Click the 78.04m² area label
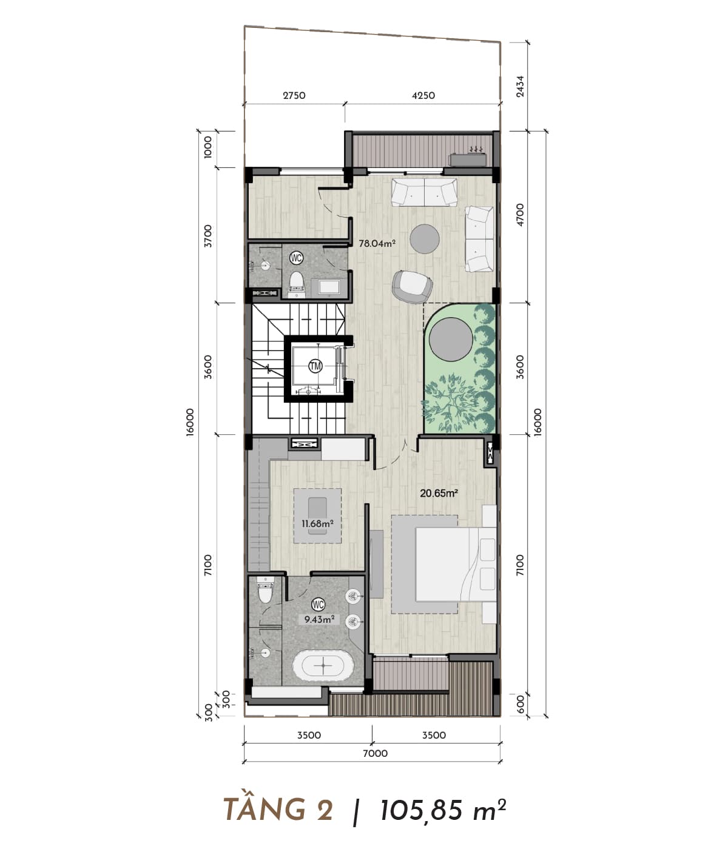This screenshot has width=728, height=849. pos(377,243)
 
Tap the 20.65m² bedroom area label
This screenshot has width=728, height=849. pos(439,493)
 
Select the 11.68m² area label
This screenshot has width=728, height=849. pos(317,524)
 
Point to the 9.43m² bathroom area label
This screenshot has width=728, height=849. pos(319,619)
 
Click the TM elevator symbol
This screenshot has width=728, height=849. pos(315,366)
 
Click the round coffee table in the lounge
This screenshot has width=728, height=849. pos(425,239)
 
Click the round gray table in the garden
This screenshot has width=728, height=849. pos(451,340)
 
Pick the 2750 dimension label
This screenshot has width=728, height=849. pos(294,95)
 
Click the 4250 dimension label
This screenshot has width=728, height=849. pos(423,95)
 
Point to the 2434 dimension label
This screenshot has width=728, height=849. pos(520,87)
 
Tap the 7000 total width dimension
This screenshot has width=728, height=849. pos(375,753)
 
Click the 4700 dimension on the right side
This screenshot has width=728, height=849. pos(520,215)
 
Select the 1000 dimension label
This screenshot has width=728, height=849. pos(208,147)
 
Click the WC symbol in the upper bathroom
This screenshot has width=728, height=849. pos(296,258)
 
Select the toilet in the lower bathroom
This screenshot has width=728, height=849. pos(265,590)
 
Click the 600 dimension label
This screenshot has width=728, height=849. pos(520,704)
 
